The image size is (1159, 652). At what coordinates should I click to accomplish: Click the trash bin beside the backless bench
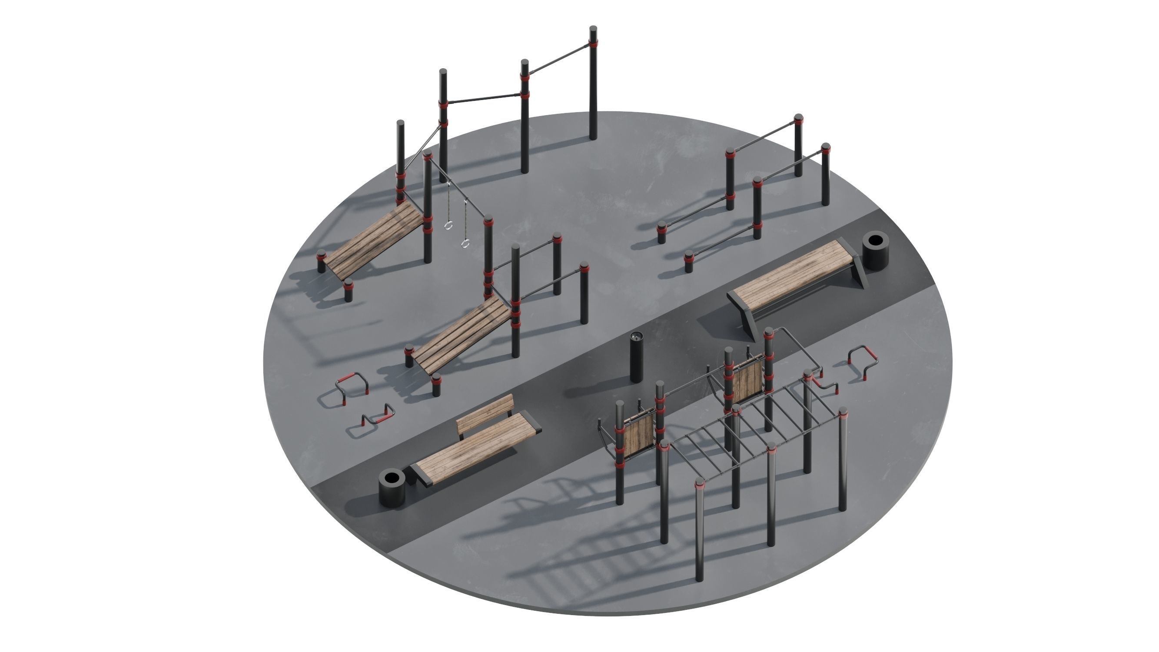[x=875, y=250]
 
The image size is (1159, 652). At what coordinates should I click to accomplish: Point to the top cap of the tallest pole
[x=594, y=29]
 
